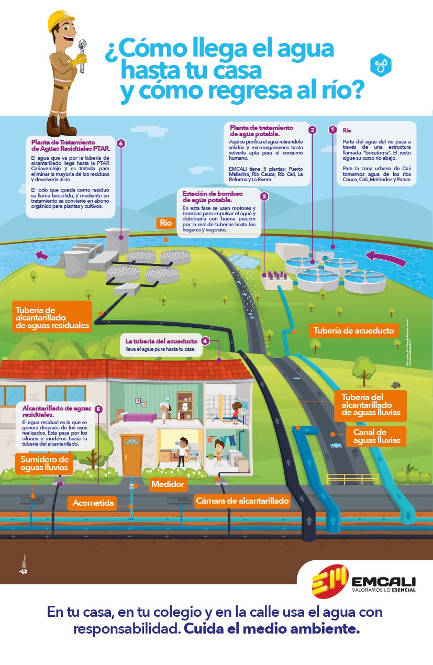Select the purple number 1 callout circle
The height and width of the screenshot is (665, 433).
click(332, 129)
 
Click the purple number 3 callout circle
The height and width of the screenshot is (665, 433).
click(264, 196)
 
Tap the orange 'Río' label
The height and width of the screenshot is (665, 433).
click(165, 223)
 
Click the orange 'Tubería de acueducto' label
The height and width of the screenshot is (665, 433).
click(353, 331)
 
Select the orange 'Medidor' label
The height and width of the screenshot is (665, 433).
click(168, 484)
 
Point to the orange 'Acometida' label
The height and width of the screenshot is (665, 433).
click(93, 503)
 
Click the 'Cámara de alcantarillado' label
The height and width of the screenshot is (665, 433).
click(242, 501)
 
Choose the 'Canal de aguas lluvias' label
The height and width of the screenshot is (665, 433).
click(376, 436)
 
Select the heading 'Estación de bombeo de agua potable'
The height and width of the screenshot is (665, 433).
click(207, 196)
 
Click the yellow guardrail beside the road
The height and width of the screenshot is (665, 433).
click(345, 479)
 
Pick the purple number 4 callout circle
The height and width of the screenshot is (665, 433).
click(205, 341)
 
